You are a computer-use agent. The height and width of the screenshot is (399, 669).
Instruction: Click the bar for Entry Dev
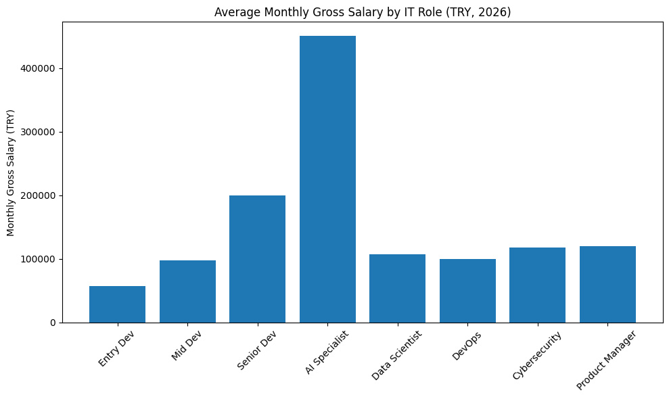click(x=117, y=304)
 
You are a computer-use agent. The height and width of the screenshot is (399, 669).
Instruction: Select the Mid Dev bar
click(x=187, y=291)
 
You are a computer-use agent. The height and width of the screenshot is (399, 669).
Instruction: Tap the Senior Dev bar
click(x=257, y=259)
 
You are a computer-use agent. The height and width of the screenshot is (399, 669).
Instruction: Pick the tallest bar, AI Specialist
click(x=327, y=179)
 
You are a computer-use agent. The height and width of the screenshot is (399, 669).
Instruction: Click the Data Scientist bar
click(x=397, y=289)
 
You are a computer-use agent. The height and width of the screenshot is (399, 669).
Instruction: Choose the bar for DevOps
click(x=467, y=291)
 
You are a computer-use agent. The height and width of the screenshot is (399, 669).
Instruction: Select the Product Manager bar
click(x=607, y=285)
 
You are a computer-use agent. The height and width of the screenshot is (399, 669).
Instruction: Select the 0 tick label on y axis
click(x=53, y=323)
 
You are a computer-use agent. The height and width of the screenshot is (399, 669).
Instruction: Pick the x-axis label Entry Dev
click(x=116, y=348)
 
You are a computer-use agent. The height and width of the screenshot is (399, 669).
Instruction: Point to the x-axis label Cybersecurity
click(x=537, y=356)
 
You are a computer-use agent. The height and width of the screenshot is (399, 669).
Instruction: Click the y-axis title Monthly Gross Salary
click(x=11, y=172)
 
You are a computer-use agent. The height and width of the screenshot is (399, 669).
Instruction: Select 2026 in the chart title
click(x=495, y=12)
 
